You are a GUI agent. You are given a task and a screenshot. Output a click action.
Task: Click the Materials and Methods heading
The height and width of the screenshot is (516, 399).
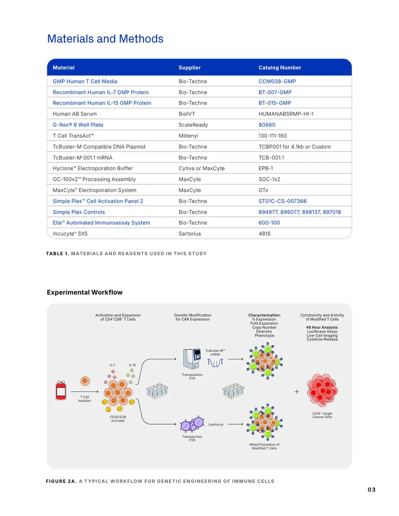coord(105,39)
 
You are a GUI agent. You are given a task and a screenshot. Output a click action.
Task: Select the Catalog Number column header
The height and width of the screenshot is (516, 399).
coord(279,67)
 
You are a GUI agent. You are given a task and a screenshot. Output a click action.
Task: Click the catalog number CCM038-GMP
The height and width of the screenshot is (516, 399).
coord(277,81)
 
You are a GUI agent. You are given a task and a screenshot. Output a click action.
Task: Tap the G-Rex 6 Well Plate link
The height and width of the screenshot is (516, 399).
coord(78,125)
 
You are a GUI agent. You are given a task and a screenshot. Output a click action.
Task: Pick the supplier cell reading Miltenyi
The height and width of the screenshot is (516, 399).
coord(189,136)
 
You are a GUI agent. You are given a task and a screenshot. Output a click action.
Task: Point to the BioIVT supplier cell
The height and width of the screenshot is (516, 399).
coord(187,114)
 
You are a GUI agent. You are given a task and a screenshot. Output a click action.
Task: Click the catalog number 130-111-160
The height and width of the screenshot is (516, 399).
coord(273,136)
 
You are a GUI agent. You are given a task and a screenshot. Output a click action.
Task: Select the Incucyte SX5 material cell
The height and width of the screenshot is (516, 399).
coord(70,234)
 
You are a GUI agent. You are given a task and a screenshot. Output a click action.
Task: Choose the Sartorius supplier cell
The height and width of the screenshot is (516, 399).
coord(190,234)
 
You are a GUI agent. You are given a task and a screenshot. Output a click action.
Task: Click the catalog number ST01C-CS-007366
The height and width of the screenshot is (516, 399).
coord(282,201)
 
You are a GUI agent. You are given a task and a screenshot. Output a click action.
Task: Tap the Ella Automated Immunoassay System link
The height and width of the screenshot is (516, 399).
coord(101,223)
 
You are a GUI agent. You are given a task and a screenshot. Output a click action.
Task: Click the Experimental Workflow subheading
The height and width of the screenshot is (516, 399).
coord(85,292)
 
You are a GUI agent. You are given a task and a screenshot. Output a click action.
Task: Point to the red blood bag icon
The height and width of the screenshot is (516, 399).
coord(61,390)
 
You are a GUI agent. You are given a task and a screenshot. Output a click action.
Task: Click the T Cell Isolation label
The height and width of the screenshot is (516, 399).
coord(85,399)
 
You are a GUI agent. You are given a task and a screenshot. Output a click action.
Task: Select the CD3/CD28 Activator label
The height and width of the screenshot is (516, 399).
coord(118,419)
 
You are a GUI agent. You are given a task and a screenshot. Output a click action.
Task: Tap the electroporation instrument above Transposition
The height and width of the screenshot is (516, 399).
coord(192,359)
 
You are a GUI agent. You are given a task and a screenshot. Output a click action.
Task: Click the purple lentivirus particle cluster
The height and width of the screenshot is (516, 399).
coord(192,424)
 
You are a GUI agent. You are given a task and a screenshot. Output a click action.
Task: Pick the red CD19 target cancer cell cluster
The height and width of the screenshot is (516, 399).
coord(322,391)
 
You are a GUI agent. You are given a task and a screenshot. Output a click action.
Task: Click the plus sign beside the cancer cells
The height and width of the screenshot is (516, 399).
coord(297,391)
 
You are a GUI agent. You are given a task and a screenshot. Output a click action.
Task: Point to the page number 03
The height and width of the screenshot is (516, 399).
coord(372,490)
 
